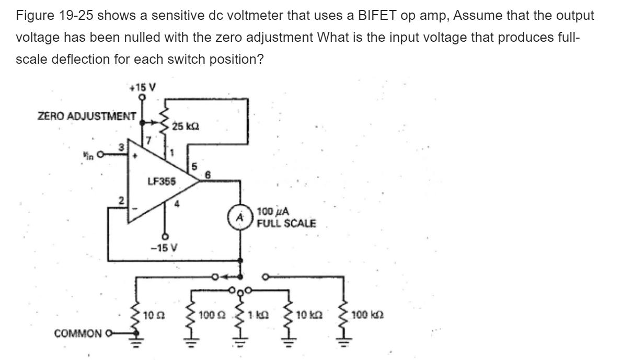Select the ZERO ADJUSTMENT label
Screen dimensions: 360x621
(x=87, y=115)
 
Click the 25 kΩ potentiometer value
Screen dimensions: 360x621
(x=184, y=126)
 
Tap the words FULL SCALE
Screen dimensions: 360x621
(x=286, y=223)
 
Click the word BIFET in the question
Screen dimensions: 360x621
(x=383, y=16)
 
